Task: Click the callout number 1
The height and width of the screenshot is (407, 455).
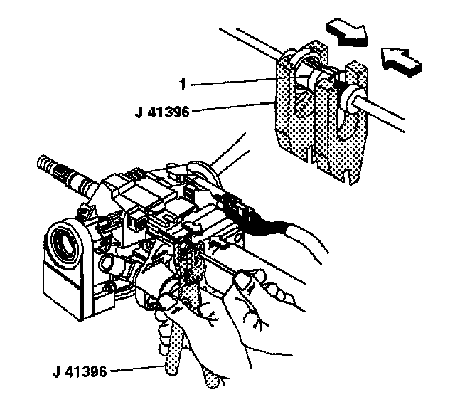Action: [183, 85]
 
